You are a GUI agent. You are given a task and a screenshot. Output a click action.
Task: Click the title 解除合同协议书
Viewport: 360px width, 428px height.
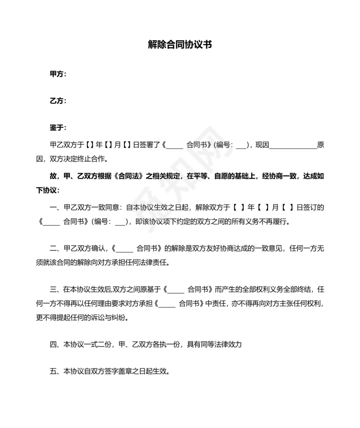[180, 45]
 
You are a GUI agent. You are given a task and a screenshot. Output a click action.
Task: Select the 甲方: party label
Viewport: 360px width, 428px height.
[58, 74]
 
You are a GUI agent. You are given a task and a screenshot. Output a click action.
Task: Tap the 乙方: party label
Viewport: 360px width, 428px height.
[58, 101]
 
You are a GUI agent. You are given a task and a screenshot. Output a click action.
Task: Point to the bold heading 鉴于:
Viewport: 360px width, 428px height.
[58, 128]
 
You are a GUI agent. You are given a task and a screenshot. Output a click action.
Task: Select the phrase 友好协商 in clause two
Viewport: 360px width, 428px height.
[223, 249]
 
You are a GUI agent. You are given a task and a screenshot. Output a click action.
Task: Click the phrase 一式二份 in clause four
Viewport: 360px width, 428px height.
[98, 345]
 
